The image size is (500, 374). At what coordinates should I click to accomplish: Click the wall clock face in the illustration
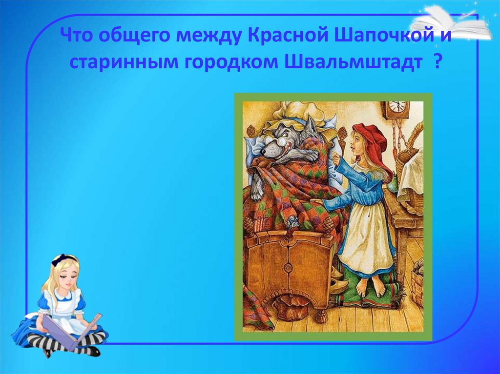click(397, 106)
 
